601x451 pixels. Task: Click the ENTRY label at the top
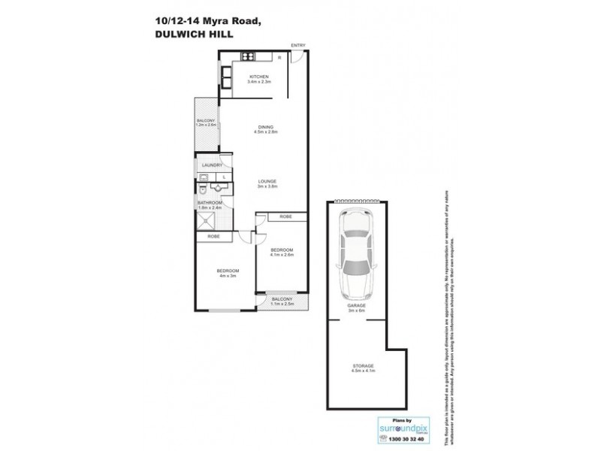(297, 46)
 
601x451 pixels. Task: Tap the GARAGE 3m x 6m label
(356, 310)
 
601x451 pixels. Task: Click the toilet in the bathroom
(203, 189)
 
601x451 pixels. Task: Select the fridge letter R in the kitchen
(279, 58)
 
